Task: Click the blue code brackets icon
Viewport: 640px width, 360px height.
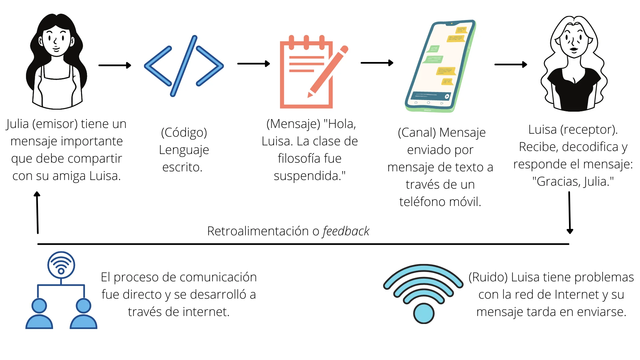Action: point(184,66)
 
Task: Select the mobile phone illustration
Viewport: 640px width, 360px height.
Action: point(440,66)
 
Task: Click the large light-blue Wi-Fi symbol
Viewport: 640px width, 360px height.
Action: point(423,293)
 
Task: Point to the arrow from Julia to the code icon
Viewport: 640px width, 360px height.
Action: point(115,65)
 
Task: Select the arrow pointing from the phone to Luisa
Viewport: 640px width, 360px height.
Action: point(510,64)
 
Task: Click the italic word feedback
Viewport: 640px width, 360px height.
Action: point(346,231)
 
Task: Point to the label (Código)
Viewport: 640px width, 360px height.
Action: point(184,133)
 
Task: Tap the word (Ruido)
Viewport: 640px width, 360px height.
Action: point(488,277)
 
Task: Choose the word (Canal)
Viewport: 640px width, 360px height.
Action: point(417,133)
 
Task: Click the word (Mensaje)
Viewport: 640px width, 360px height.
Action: point(293,124)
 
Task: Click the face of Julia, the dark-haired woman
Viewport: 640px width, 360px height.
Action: point(56,42)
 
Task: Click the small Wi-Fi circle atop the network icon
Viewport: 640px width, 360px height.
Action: point(61,265)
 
